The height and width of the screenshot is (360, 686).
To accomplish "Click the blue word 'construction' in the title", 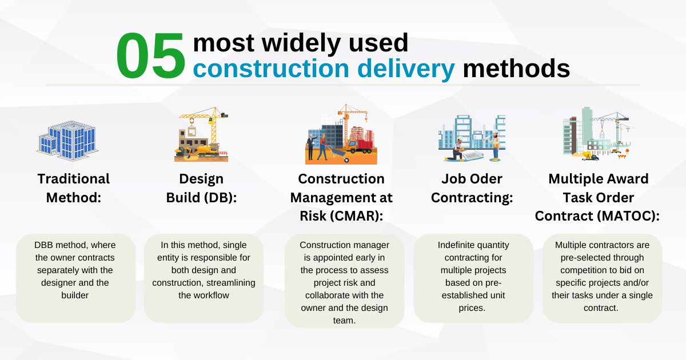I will [x=270, y=69].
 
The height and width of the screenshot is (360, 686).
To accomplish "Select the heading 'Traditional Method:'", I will [x=73, y=188].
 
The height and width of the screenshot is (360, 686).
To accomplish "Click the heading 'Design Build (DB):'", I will [x=201, y=188].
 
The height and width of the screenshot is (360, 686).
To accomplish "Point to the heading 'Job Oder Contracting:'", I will [x=472, y=188].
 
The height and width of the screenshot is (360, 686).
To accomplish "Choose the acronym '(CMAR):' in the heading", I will [x=357, y=217].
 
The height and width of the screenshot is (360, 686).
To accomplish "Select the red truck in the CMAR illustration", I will [x=360, y=147].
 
